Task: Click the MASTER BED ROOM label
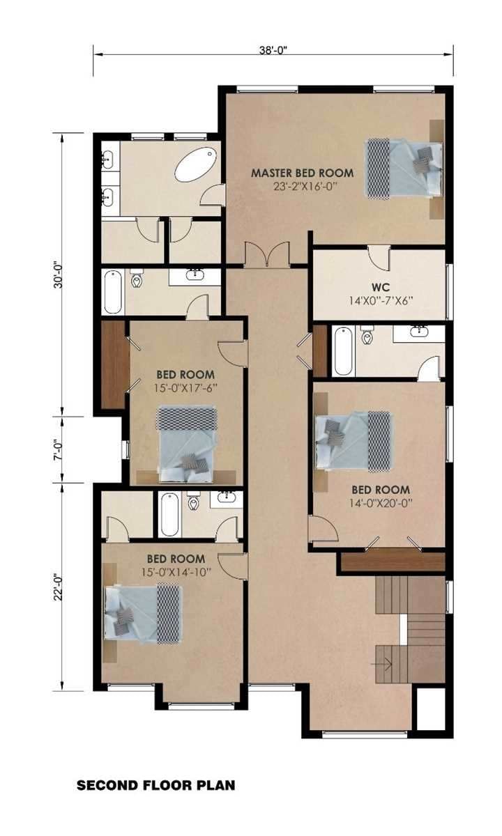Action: click(302, 173)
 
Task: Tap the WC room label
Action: click(379, 286)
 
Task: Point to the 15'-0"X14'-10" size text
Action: click(176, 571)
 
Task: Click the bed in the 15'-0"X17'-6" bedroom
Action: click(187, 444)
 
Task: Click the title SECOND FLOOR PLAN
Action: click(155, 785)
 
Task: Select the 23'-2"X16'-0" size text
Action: click(302, 187)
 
